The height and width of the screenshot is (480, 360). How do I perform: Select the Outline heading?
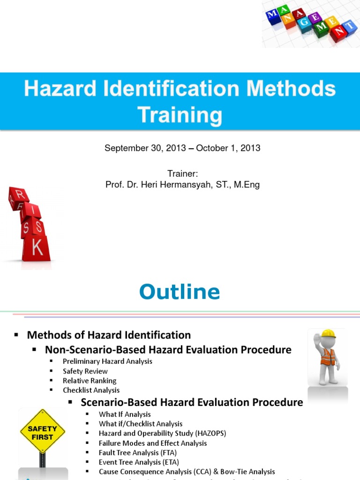click(180, 292)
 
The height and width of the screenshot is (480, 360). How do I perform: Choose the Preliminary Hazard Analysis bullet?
click(107, 361)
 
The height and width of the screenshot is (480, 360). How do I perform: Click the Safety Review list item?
click(85, 371)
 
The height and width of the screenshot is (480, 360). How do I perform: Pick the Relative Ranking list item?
click(90, 381)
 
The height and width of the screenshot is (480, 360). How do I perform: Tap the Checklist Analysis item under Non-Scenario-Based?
click(91, 390)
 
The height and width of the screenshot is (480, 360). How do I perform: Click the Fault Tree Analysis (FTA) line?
click(138, 453)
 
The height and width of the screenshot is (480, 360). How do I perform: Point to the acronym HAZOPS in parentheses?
click(209, 434)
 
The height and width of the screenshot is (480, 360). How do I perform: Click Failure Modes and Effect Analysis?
click(153, 443)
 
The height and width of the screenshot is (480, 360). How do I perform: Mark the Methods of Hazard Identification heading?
click(109, 335)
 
